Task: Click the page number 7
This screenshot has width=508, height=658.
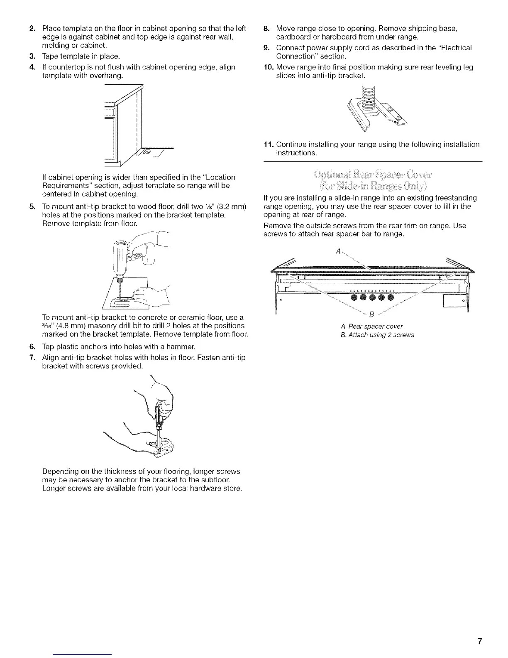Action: click(x=479, y=641)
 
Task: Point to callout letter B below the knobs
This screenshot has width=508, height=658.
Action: click(x=372, y=312)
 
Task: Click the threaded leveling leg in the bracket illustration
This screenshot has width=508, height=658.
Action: click(x=367, y=100)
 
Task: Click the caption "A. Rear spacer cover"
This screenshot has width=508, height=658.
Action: click(x=371, y=326)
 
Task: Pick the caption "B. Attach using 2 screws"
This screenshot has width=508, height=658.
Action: click(x=376, y=335)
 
